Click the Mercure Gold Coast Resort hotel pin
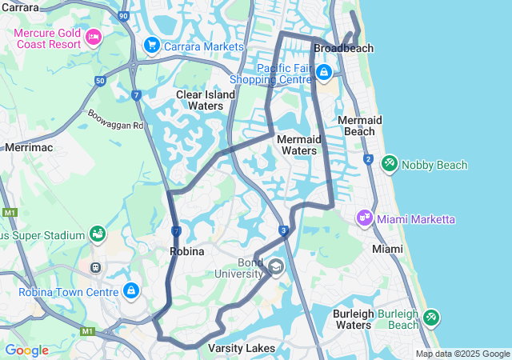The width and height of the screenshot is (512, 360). [x=94, y=36]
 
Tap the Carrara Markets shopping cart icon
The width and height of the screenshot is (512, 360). [x=151, y=46]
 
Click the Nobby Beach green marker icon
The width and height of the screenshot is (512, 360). [x=389, y=163]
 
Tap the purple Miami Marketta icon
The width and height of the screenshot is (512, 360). [x=365, y=218]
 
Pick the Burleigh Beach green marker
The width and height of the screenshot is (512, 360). [x=431, y=318]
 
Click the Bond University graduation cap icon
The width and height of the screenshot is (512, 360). [x=276, y=266]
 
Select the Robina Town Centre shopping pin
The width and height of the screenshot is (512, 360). [x=131, y=290]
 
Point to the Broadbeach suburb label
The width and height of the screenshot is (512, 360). [x=344, y=49]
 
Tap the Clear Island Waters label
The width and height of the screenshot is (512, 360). [x=206, y=100]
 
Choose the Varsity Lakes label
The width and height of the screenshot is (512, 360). [x=242, y=348]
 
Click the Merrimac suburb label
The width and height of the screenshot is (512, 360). [x=28, y=147]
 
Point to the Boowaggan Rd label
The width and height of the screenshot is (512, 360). [x=115, y=119]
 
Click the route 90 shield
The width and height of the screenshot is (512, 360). [x=122, y=16]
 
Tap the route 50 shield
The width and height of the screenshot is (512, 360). [x=99, y=81]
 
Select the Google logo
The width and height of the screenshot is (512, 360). [x=26, y=350]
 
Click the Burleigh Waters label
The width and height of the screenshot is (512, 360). [x=353, y=319]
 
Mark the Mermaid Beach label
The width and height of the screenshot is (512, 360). [x=360, y=126]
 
